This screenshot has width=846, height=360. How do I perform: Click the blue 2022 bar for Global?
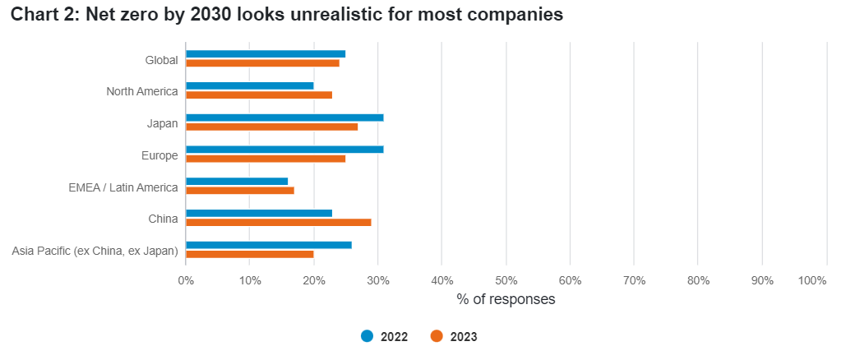pos(266,54)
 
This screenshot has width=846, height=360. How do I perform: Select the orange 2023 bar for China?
pos(279,223)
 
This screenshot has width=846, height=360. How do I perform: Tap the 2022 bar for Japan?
pos(284,118)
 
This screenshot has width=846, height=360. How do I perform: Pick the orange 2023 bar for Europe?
pos(266,159)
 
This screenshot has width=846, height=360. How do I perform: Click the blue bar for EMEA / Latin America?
pos(237,182)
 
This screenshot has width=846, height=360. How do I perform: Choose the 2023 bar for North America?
pos(259,95)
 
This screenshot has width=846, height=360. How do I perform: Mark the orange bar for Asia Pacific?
pos(250,254)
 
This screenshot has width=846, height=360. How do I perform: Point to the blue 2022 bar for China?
pos(259,213)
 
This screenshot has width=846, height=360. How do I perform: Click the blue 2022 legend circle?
pos(368,336)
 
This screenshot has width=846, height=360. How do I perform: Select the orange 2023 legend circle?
pos(437,336)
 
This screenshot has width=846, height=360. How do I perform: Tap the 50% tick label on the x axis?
pos(506,280)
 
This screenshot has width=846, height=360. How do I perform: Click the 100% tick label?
pos(812,280)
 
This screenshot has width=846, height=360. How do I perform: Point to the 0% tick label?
pos(186,280)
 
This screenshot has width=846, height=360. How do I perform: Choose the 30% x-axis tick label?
pos(377,280)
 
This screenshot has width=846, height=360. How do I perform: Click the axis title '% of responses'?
pos(506,299)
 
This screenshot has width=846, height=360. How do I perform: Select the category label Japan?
pos(163,123)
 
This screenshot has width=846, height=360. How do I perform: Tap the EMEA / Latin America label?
pos(123,187)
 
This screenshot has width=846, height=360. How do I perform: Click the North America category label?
pos(142,92)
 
